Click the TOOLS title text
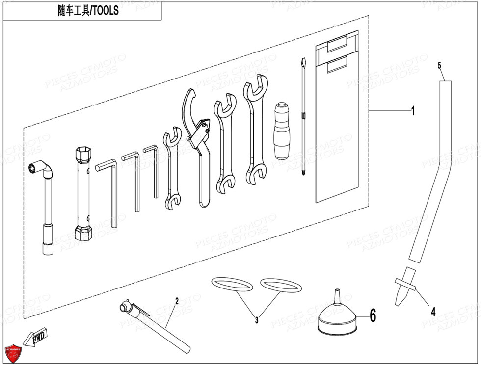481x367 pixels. [88, 10]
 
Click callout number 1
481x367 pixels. [413, 112]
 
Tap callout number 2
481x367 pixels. [176, 300]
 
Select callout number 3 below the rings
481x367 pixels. [256, 320]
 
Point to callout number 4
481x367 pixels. [433, 311]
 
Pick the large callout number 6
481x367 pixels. [373, 315]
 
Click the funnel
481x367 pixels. [337, 318]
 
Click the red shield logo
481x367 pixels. [13, 352]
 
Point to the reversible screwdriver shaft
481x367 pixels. [303, 118]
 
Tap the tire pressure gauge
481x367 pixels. [153, 326]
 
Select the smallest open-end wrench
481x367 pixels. [171, 167]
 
